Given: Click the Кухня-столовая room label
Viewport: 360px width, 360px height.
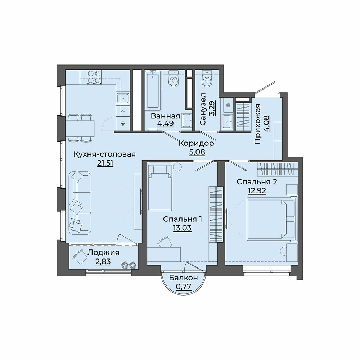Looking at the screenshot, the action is [x=104, y=154].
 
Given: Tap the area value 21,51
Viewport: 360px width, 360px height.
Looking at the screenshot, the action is [x=105, y=163].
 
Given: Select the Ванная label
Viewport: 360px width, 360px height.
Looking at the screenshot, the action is [x=165, y=116].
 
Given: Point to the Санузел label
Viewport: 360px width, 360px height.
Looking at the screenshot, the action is [x=203, y=109].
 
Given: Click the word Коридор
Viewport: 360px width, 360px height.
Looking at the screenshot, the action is [x=196, y=144].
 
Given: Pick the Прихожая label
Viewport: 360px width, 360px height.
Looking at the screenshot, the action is [x=258, y=124].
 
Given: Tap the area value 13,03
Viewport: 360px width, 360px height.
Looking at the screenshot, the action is [x=182, y=228].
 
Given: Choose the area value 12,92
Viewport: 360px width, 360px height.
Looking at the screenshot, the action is [x=257, y=191].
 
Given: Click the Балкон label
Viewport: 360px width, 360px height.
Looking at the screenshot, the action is [x=183, y=278].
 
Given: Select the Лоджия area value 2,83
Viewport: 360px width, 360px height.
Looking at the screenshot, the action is [x=103, y=262].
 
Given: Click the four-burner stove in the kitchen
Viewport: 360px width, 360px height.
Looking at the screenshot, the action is [x=94, y=77].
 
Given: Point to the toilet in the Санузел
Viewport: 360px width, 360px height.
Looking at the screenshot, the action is [x=207, y=79].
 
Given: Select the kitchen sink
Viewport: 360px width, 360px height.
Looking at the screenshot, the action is [x=123, y=99].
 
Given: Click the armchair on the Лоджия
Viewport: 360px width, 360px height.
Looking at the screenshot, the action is [x=79, y=257].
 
